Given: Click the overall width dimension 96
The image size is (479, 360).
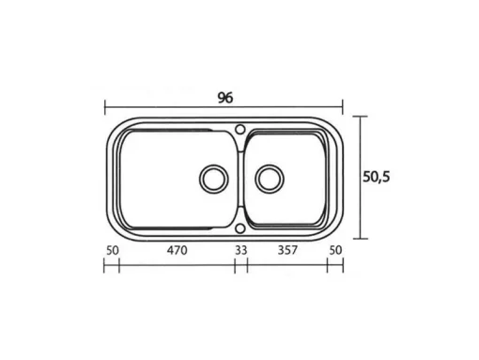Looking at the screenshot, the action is coord(225,98).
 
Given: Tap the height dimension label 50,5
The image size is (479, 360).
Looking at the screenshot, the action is coord(377,177).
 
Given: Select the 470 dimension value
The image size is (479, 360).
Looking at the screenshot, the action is coord(177,250).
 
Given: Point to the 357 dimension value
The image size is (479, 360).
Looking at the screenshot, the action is coord(287,250).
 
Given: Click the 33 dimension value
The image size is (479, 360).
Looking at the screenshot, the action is coord(240,250).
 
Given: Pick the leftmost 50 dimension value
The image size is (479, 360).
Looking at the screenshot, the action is coord(113,250).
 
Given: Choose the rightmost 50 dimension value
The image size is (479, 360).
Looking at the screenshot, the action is coord(335,250).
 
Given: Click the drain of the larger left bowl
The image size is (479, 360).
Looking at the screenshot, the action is coord(214,179).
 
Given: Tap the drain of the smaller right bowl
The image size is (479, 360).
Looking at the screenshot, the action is coord(270,179).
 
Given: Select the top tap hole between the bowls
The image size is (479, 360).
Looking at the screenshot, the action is coord(240,129).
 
